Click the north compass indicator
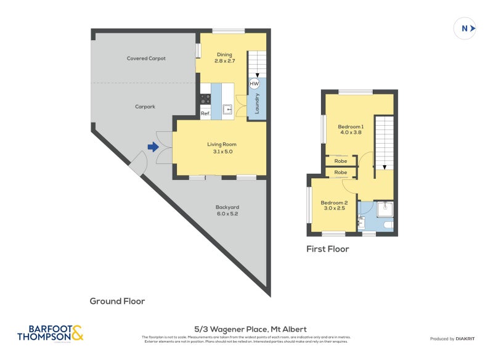pyautogui.click(x=465, y=28)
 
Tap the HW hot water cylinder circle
pyautogui.click(x=254, y=84)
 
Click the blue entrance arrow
pyautogui.click(x=152, y=147)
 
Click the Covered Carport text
pyautogui.click(x=146, y=59)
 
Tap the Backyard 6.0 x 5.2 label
pyautogui.click(x=227, y=210)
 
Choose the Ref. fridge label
pyautogui.click(x=206, y=113)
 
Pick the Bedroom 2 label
pyautogui.click(x=333, y=205)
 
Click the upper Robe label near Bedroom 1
pyautogui.click(x=341, y=161)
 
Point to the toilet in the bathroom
pyautogui.click(x=386, y=226)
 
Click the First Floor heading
pyautogui.click(x=328, y=249)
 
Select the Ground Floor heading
pyautogui.click(x=117, y=301)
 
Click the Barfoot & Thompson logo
pyautogui.click(x=50, y=333)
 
